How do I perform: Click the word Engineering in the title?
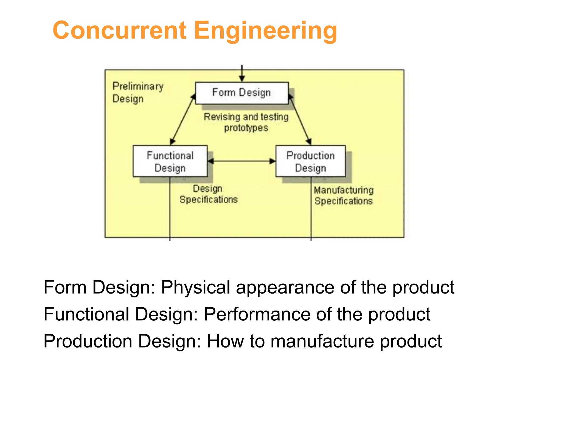265,31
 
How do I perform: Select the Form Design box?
242,93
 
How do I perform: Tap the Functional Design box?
170,161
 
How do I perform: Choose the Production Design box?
310,161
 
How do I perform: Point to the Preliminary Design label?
138,92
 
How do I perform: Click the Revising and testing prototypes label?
246,122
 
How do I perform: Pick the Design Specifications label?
209,194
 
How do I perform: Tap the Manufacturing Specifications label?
344,195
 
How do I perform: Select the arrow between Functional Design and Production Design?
241,161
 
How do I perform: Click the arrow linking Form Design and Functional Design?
182,119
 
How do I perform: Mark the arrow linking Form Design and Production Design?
300,119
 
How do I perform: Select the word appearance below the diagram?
285,287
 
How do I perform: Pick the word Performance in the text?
257,314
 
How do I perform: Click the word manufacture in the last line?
322,341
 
